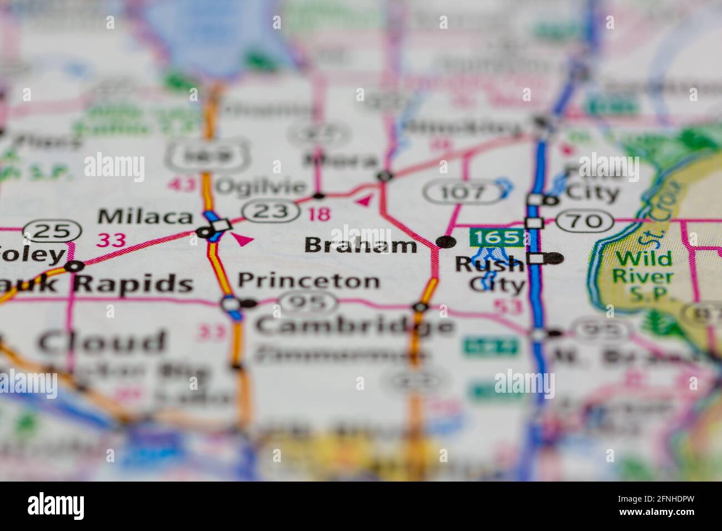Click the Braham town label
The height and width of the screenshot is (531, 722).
coord(361,245)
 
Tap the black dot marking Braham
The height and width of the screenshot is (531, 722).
coord(445,242)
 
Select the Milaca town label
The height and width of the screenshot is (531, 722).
coord(145,216)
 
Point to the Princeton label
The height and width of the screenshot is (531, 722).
coord(309,280)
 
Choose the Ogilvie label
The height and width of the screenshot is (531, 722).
coord(260,187)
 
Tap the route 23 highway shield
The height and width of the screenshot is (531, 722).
coord(268,211)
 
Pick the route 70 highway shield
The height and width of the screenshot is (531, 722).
coord(585,221)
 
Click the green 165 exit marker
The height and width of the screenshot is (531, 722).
coord(497,237)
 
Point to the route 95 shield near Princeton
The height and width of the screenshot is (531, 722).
coord(309,303)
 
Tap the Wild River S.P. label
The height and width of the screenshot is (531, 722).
coord(644,276)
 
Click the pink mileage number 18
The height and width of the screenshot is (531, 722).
coord(319,213)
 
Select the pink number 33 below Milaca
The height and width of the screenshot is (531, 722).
coord(111,240)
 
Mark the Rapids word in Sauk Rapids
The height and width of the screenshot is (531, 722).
coord(133,283)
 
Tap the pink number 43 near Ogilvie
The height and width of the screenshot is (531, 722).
coord(182,184)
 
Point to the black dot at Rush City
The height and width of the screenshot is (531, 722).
coord(554,258)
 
